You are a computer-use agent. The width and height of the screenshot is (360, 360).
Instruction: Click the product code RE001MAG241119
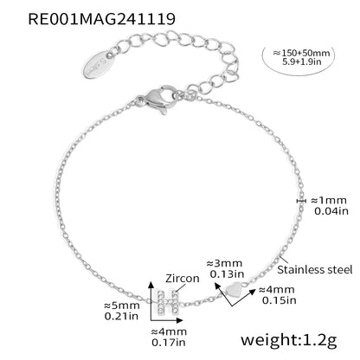point(102,19)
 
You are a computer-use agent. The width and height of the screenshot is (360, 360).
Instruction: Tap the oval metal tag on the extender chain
point(99,64)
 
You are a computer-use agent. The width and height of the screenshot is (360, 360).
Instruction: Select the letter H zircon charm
point(167,302)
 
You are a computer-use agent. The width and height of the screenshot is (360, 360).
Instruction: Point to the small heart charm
point(234,291)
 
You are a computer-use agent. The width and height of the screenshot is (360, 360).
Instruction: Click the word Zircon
point(183,279)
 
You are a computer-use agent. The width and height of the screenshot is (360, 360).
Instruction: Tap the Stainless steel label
point(315,270)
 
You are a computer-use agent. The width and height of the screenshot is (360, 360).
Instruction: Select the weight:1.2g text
point(289,340)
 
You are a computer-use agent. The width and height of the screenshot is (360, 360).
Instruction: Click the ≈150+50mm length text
point(301,53)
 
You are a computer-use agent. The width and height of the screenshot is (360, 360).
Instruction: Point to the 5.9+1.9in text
point(302,61)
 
